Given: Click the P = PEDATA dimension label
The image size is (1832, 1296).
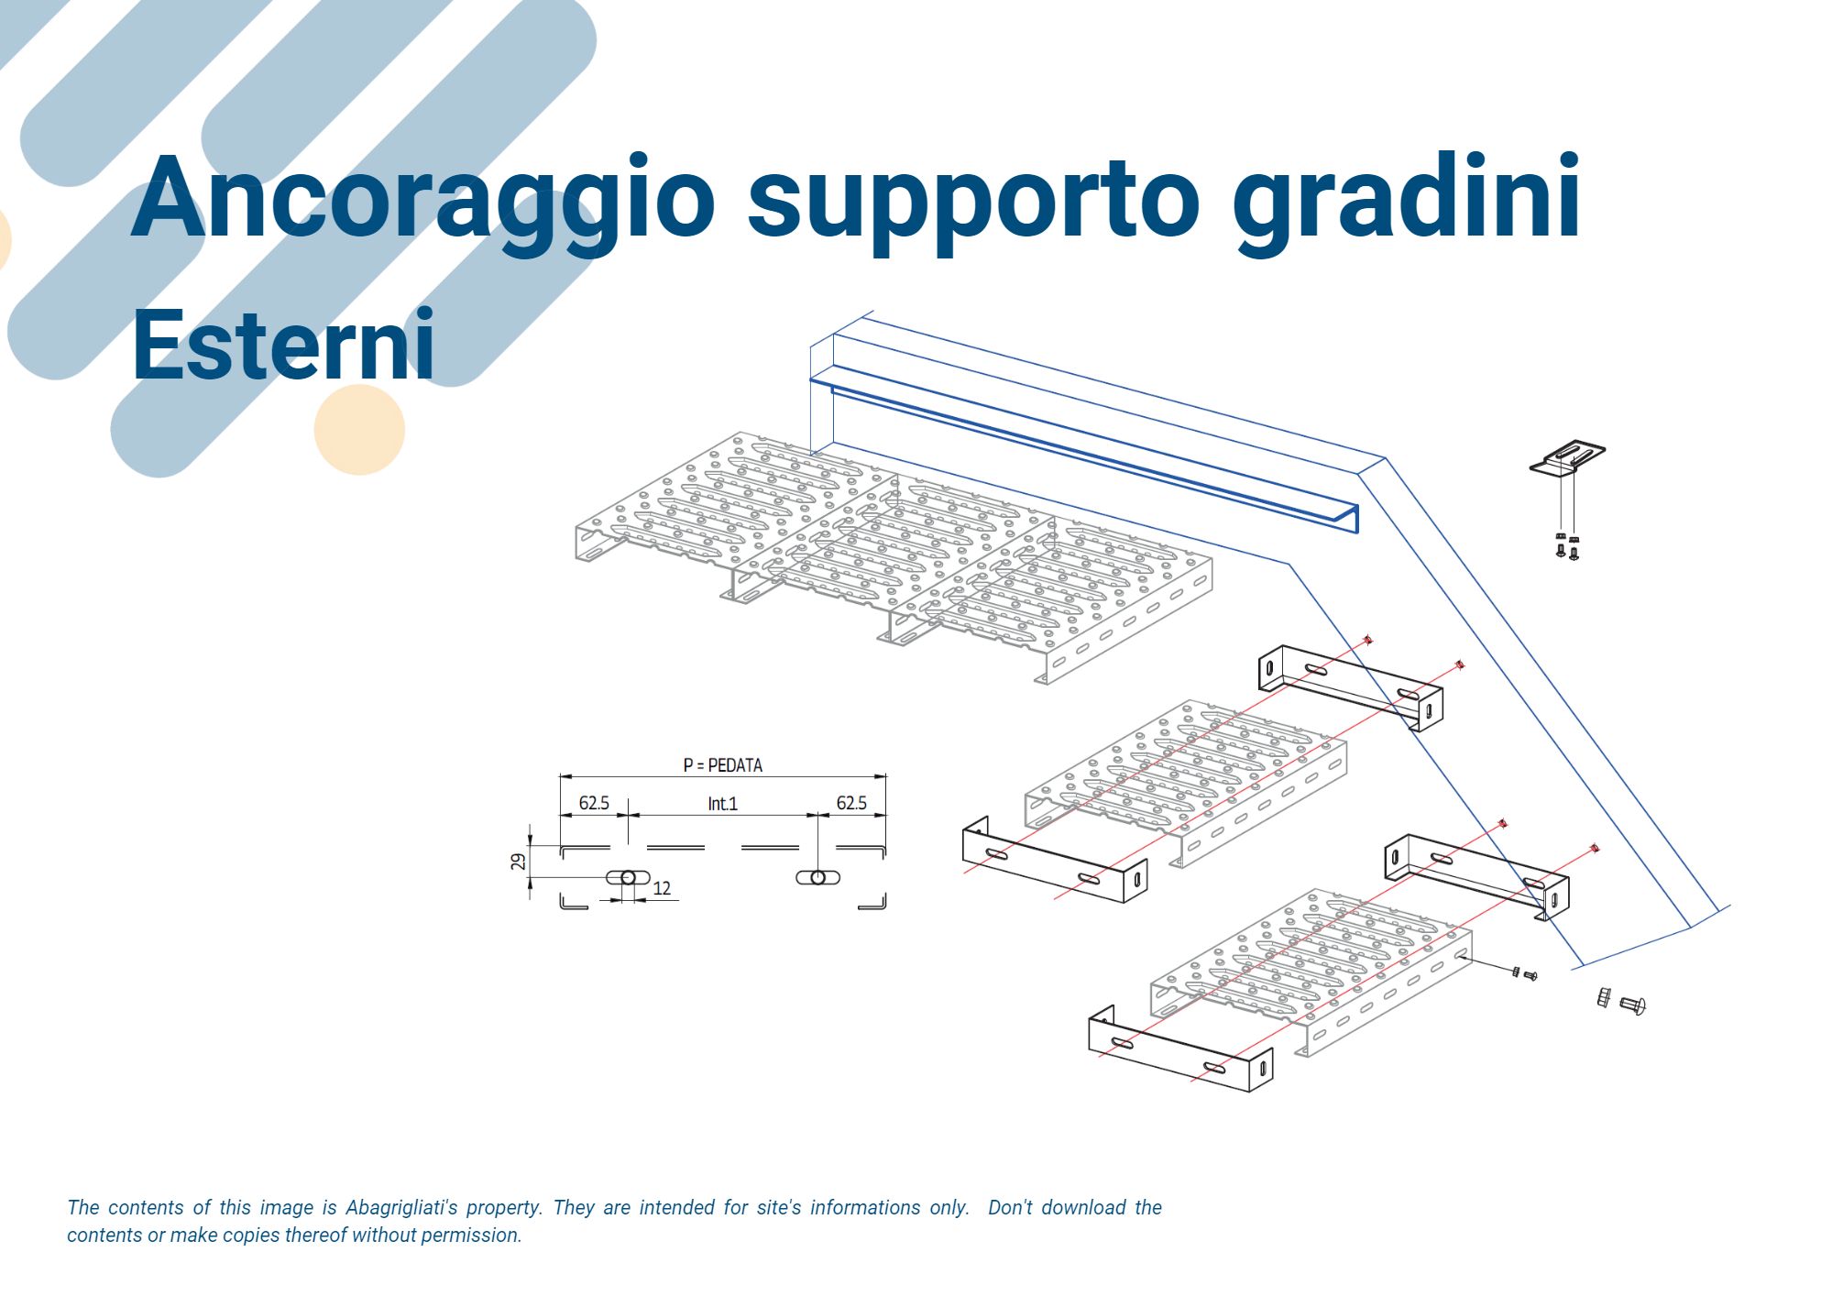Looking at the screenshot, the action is (722, 765).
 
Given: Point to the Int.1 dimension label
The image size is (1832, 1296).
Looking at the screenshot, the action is (722, 804).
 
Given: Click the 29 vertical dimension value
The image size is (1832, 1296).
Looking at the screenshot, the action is (519, 862).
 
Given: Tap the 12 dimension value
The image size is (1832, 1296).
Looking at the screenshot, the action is (662, 888).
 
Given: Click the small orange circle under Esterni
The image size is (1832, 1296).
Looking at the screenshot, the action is (359, 430).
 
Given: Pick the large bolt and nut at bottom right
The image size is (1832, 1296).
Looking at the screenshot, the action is (1621, 1001).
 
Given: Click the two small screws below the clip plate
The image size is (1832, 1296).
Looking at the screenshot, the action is (1567, 546).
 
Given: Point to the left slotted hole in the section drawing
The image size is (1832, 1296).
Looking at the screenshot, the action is (628, 878).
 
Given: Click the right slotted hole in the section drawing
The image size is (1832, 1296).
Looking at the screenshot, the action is (817, 878).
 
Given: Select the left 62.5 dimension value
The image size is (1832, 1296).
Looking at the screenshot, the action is (594, 804).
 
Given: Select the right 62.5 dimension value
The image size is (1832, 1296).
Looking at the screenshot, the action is (851, 804).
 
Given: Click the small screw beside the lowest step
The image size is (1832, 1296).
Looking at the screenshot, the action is (1524, 973).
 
